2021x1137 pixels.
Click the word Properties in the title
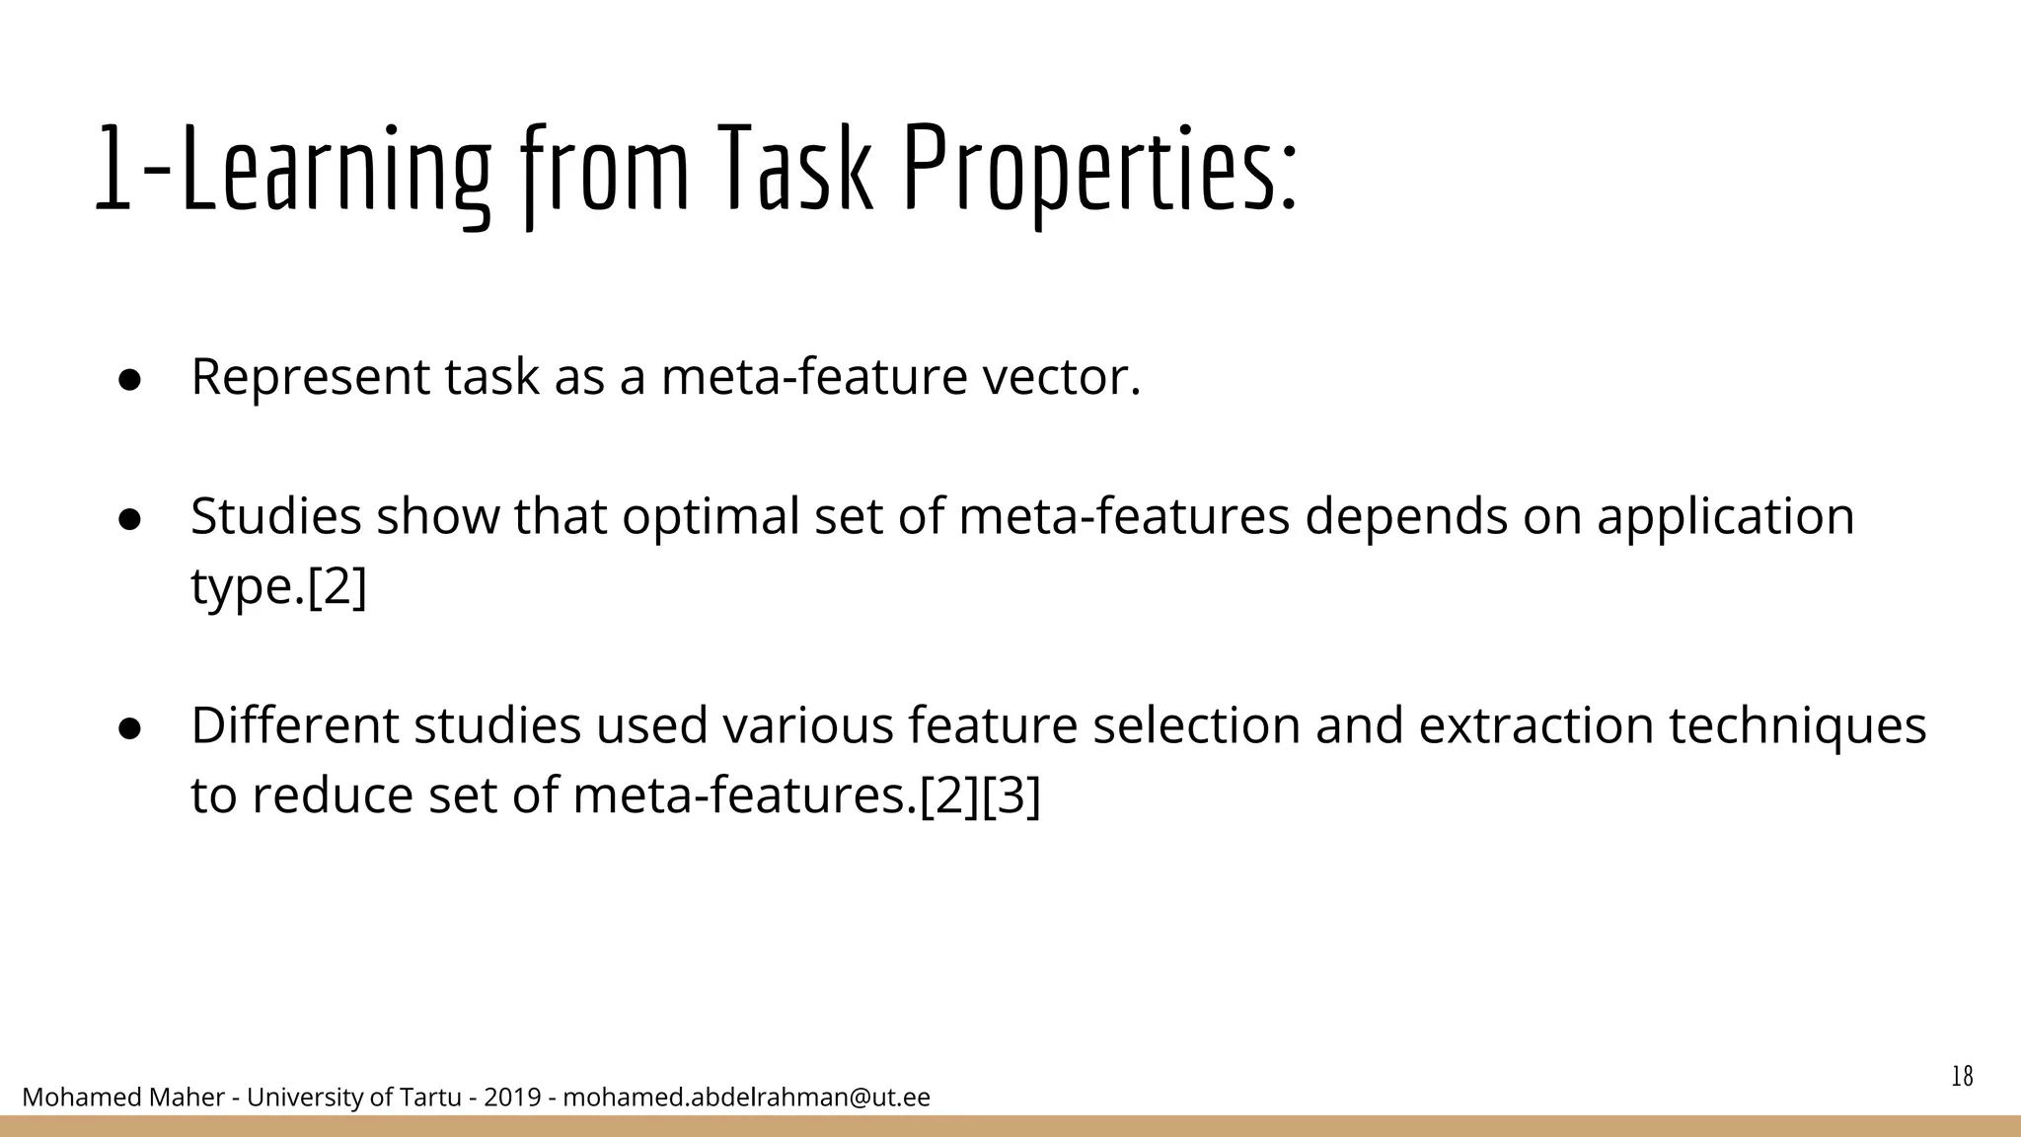(x=1100, y=170)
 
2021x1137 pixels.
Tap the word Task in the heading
(x=795, y=170)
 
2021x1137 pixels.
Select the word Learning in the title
(x=336, y=170)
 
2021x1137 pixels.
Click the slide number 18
(x=1962, y=1076)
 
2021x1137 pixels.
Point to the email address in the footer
(x=746, y=1097)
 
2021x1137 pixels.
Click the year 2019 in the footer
(x=512, y=1097)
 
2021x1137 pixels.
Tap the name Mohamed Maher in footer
(x=122, y=1097)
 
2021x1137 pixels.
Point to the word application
(x=1725, y=516)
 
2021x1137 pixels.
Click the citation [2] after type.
(x=337, y=586)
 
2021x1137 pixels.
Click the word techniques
(x=1797, y=725)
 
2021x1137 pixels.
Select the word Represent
(x=310, y=377)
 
